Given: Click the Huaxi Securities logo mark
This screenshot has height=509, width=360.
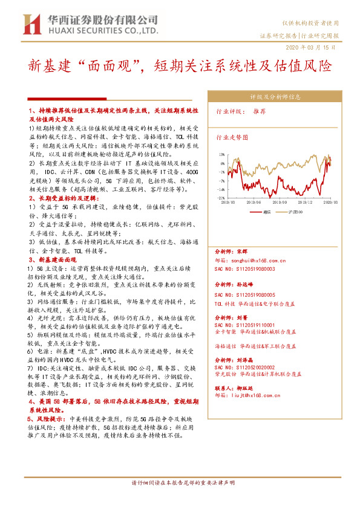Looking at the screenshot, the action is (31, 24).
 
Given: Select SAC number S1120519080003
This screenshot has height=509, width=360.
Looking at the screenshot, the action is (245, 268).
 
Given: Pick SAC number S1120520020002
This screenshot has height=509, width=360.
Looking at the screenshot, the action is (245, 366).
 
